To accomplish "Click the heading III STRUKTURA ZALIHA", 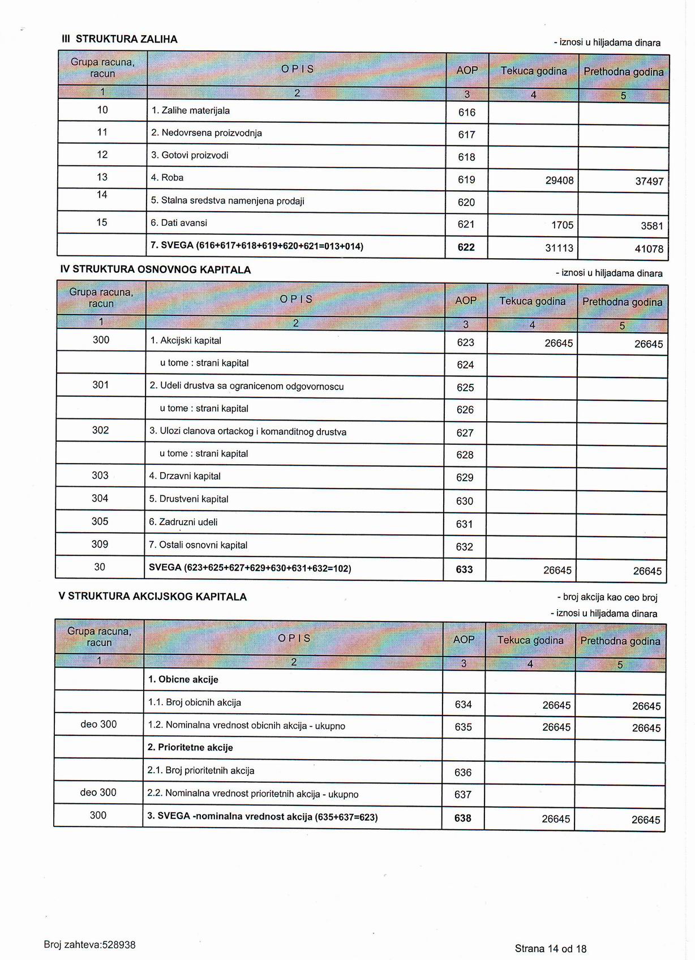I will pos(119,39).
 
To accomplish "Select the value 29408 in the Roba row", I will pos(559,181).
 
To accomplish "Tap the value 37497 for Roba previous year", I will pos(649,182).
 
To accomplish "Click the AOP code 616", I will pos(467,113).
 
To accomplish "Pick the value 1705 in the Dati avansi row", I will pos(562,225).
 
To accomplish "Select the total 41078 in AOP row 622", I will pos(649,249).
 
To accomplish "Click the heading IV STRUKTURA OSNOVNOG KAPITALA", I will pos(156,270).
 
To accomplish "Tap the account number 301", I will pos(101,385).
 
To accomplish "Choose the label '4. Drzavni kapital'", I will pos(185,477).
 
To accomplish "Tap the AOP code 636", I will pos(463,773).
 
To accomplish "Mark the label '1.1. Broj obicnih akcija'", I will pos(195,703).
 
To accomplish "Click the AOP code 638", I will pos(462,818).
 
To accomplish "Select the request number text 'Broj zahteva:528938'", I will pos(89,945).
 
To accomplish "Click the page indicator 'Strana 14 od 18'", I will pos(551,949).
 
